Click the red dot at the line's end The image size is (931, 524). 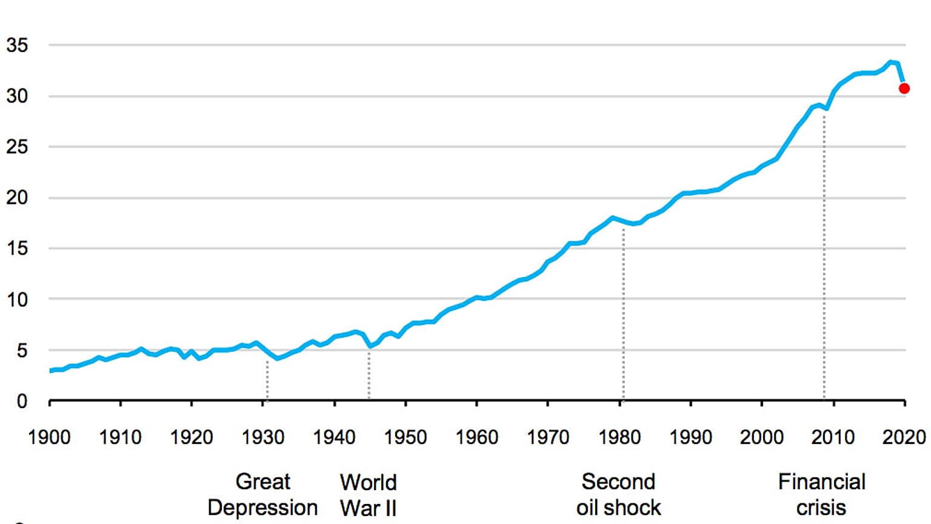coord(904,89)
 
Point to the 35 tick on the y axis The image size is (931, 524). coord(17,45)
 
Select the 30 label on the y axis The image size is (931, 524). coord(17,96)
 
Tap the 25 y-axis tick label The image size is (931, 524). coord(17,147)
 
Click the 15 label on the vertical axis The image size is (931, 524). coord(17,248)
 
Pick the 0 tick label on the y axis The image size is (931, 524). coord(22,401)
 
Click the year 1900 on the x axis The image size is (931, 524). coord(49,437)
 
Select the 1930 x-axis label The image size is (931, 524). coord(263,437)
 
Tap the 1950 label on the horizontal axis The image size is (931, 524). coord(405,437)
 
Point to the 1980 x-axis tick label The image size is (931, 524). coord(619,437)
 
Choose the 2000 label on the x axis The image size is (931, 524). coord(762,437)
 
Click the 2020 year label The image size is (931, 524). coord(904,437)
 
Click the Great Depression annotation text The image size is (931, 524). coord(262,494)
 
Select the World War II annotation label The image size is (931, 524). coord(369,494)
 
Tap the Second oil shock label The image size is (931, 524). coord(618,494)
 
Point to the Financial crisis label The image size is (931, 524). coord(821,494)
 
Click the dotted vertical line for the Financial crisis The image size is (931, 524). coord(824,255)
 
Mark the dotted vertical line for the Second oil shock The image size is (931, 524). coord(623,315)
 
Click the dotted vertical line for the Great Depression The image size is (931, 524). coord(267,379)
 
